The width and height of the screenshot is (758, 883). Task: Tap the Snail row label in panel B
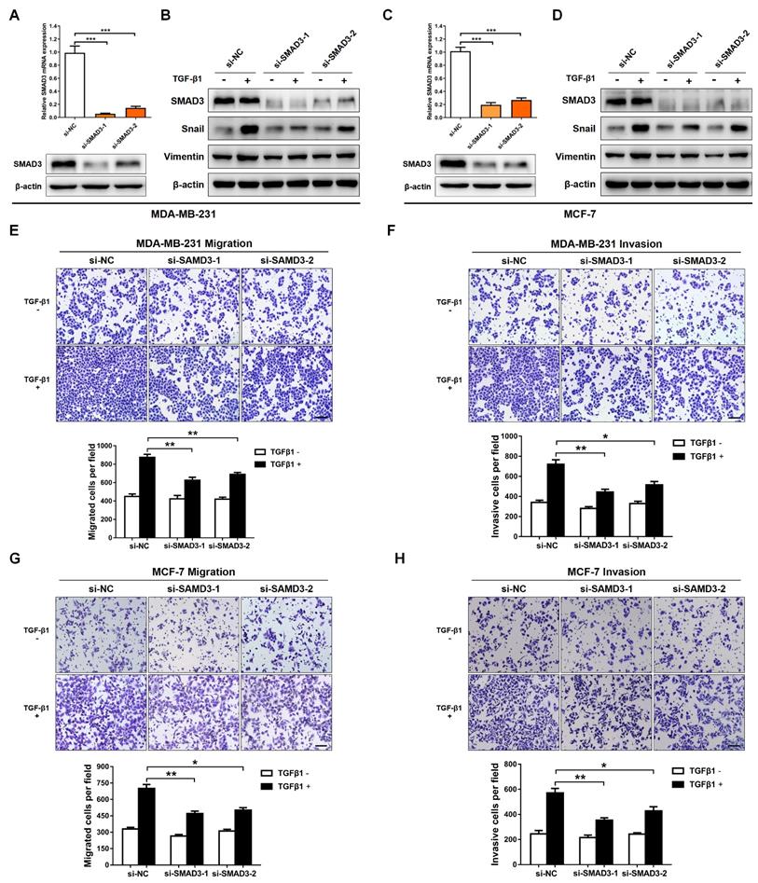tap(189, 130)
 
